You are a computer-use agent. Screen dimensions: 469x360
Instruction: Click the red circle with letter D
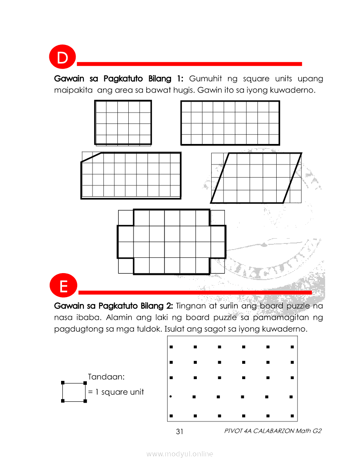[x=64, y=58]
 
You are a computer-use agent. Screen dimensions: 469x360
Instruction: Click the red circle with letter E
[x=64, y=287]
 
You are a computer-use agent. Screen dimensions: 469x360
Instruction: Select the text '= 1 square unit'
[x=116, y=392]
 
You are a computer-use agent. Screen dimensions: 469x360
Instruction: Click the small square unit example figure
[x=74, y=392]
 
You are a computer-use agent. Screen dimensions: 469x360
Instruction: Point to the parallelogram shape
[x=256, y=178]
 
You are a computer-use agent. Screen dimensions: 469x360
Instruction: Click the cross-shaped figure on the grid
[x=172, y=242]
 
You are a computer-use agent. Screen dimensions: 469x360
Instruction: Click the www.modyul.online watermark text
[x=180, y=454]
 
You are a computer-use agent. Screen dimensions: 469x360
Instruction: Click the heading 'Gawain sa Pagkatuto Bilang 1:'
[x=119, y=79]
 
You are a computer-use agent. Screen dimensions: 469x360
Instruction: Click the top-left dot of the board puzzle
[x=171, y=347]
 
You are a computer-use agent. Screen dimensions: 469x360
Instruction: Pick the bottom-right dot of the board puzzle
[x=291, y=416]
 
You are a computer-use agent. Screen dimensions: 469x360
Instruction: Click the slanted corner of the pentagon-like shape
[x=91, y=157]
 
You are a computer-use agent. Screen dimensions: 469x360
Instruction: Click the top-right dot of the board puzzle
[x=291, y=347]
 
